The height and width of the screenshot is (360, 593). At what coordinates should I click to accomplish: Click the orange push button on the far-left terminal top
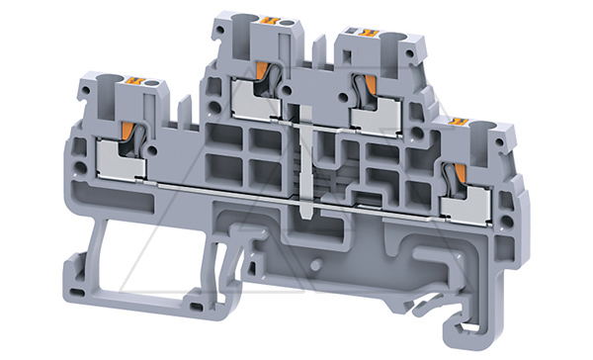point(134,81)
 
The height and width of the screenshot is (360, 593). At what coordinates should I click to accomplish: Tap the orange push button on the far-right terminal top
point(458,122)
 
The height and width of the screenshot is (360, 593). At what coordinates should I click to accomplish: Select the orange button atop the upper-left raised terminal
point(273,20)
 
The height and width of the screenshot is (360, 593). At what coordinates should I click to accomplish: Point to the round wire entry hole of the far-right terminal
point(485,127)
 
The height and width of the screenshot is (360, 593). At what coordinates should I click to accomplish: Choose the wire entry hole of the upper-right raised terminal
point(394,38)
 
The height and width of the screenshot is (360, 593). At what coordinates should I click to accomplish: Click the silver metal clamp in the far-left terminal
point(121,161)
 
